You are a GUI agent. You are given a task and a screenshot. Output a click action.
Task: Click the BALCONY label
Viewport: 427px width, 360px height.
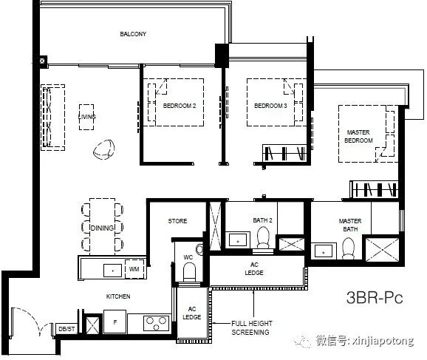click(x=133, y=34)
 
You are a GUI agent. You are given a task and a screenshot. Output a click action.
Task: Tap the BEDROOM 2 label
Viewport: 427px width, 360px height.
click(x=180, y=106)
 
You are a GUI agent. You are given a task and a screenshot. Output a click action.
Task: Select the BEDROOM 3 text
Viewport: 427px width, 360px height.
click(x=270, y=106)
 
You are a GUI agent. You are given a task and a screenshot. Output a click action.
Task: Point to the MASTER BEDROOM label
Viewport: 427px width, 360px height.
click(x=358, y=136)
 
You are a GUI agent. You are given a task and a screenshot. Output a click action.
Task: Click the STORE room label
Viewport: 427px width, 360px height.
click(x=177, y=221)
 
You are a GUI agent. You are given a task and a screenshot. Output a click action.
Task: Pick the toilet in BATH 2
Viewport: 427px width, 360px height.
click(x=263, y=238)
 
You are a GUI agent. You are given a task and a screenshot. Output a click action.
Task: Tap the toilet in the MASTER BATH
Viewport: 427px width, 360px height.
click(x=348, y=248)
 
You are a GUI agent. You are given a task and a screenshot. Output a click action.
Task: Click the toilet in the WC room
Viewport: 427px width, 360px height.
click(x=190, y=272)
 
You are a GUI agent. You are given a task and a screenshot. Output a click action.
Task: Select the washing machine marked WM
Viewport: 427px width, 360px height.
click(x=134, y=269)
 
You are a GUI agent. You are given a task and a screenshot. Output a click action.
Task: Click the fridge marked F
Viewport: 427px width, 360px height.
click(x=115, y=322)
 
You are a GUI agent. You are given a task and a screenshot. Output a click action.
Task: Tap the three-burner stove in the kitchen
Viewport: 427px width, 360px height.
click(x=157, y=322)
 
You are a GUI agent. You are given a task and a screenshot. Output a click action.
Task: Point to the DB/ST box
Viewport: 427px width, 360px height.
click(x=66, y=329)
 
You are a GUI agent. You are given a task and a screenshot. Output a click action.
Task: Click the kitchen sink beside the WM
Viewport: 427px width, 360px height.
click(x=113, y=271)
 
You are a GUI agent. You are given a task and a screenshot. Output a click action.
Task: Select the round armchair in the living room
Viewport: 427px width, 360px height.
click(x=103, y=149)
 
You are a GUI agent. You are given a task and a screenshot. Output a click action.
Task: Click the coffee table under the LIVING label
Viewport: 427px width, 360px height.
click(x=86, y=118)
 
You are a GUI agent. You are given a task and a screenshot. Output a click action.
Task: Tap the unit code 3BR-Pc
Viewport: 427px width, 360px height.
click(x=375, y=297)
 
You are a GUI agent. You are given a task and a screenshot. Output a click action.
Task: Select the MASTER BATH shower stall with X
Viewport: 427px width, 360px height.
click(x=382, y=250)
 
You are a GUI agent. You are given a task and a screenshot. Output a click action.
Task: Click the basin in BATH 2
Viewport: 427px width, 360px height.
click(x=238, y=240)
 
